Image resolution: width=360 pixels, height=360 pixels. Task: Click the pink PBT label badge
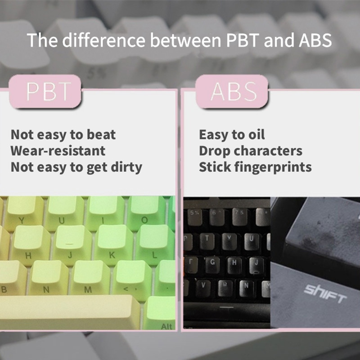pyautogui.click(x=48, y=92)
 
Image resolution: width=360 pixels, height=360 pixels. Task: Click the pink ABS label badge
pyautogui.click(x=234, y=92)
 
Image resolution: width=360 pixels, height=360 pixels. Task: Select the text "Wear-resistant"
pyautogui.click(x=58, y=151)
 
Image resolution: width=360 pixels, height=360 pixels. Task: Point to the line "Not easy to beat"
pyautogui.click(x=63, y=135)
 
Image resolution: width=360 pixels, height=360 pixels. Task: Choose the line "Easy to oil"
pyautogui.click(x=232, y=135)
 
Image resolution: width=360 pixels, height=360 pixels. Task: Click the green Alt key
pyautogui.click(x=162, y=315)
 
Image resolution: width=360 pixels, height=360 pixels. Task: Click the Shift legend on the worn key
pyautogui.click(x=325, y=295)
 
